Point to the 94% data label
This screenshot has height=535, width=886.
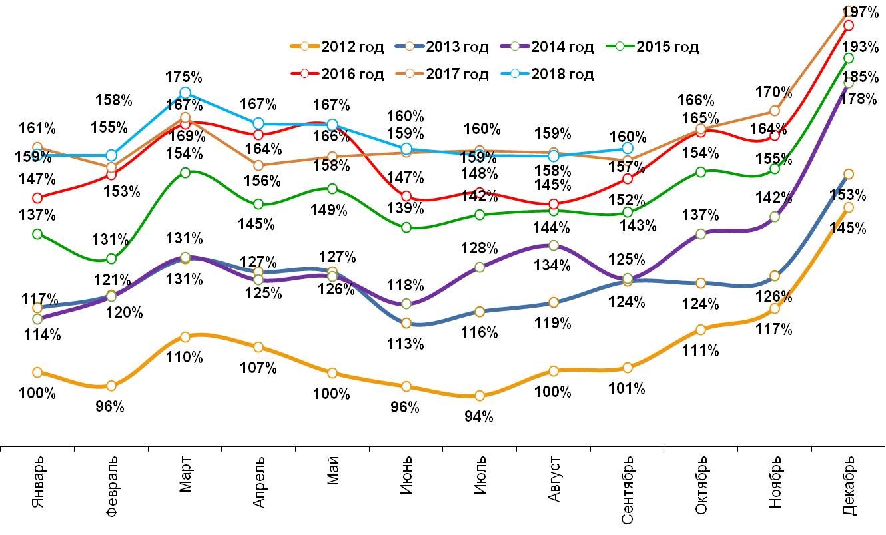click(x=479, y=417)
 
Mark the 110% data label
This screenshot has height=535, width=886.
click(x=185, y=358)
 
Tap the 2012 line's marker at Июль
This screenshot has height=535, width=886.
click(x=479, y=396)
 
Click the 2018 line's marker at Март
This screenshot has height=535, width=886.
click(x=185, y=93)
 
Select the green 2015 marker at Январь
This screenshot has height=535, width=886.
click(x=37, y=233)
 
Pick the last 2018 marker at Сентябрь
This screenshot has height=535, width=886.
click(x=627, y=148)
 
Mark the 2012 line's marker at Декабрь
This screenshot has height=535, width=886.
click(x=848, y=207)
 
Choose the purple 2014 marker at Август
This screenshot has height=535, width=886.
click(x=552, y=246)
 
